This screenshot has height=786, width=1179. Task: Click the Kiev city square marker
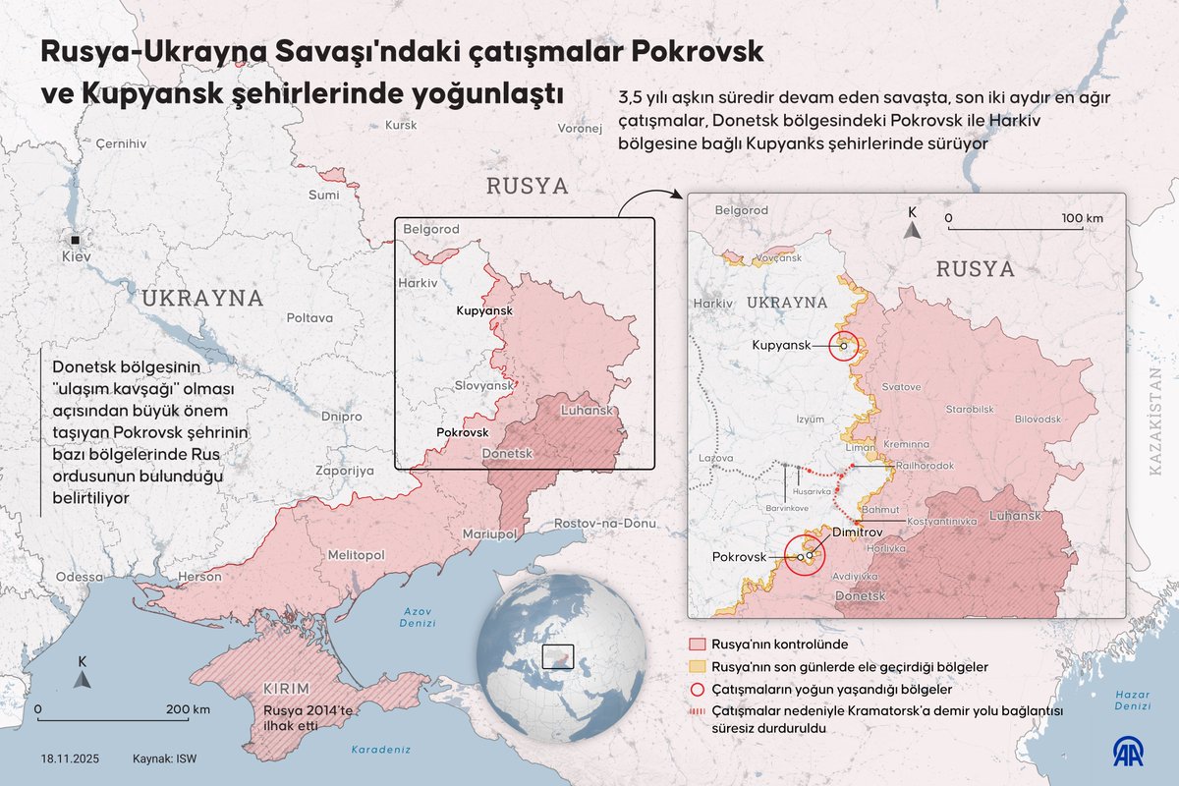click(75, 239)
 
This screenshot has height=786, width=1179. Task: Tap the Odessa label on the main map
click(80, 577)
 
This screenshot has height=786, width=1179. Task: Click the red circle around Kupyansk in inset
click(844, 346)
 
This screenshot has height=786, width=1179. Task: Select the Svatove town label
click(902, 387)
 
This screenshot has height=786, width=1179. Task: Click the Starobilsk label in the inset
click(967, 407)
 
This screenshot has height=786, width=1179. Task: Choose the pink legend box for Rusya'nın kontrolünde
click(698, 646)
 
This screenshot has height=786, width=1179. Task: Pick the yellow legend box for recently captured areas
click(698, 667)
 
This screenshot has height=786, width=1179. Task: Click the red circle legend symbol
click(698, 689)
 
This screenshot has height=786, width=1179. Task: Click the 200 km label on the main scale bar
click(188, 709)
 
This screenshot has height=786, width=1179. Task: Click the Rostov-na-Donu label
click(604, 524)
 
